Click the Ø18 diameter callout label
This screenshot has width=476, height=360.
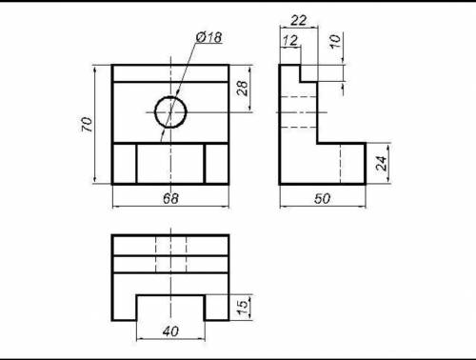(x=208, y=37)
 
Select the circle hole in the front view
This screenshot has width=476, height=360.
(x=170, y=96)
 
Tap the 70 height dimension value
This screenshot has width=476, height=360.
(x=87, y=125)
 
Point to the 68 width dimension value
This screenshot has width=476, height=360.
(x=170, y=199)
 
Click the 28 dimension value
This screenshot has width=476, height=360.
(x=242, y=89)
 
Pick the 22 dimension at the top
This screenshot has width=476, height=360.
(x=299, y=21)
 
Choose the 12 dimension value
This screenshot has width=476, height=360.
(x=290, y=41)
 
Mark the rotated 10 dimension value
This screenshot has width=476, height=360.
(x=335, y=41)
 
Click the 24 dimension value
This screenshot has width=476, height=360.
(x=381, y=164)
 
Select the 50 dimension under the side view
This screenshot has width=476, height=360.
(x=322, y=199)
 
